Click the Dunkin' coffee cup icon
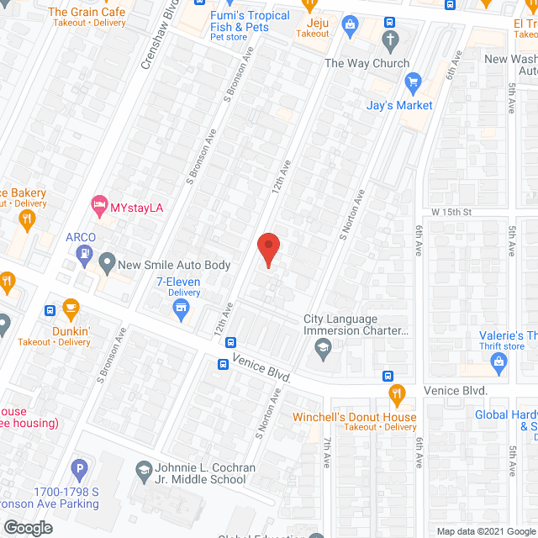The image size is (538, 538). pyautogui.click(x=71, y=308)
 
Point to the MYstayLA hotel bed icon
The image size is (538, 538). pyautogui.click(x=99, y=204)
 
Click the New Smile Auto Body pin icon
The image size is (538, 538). pyautogui.click(x=107, y=264)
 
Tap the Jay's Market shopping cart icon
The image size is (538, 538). pyautogui.click(x=412, y=82)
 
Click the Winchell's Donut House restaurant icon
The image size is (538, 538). pyautogui.click(x=396, y=393)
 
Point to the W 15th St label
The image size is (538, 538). pyautogui.click(x=451, y=211)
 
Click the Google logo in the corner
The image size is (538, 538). pyautogui.click(x=27, y=527)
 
